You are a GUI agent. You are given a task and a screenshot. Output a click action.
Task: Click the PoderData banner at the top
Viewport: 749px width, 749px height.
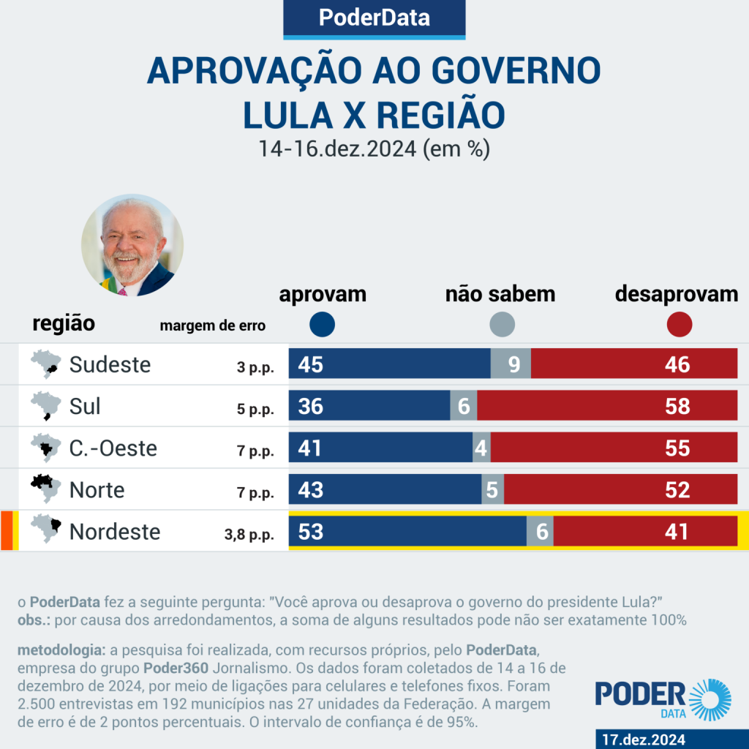[x=374, y=18]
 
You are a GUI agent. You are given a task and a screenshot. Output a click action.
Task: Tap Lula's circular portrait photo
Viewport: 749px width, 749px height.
[x=132, y=245]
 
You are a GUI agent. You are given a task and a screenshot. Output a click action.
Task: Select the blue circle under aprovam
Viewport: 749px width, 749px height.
[x=323, y=324]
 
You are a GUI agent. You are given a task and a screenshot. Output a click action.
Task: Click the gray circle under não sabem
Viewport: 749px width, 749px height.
[x=502, y=324]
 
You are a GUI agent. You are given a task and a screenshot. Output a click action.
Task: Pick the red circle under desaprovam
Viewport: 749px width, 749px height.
[x=680, y=324]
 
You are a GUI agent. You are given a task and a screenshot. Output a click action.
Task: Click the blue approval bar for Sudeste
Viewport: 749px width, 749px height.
[x=389, y=364]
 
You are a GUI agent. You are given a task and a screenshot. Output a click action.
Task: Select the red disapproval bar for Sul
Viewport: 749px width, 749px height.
[x=607, y=406]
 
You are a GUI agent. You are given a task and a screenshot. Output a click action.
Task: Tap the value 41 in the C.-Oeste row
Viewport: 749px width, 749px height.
[x=311, y=448]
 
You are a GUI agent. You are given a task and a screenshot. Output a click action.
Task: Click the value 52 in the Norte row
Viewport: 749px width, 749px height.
[x=677, y=489]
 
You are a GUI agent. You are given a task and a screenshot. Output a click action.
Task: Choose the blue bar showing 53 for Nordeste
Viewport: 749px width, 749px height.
[x=407, y=531]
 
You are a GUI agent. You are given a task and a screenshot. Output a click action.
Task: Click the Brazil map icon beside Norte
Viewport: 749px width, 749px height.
[x=45, y=488]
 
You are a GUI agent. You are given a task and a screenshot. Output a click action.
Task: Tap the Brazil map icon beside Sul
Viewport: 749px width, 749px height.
[x=45, y=405]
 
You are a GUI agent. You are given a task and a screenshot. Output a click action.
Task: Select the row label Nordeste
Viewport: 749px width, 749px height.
[x=115, y=531]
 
